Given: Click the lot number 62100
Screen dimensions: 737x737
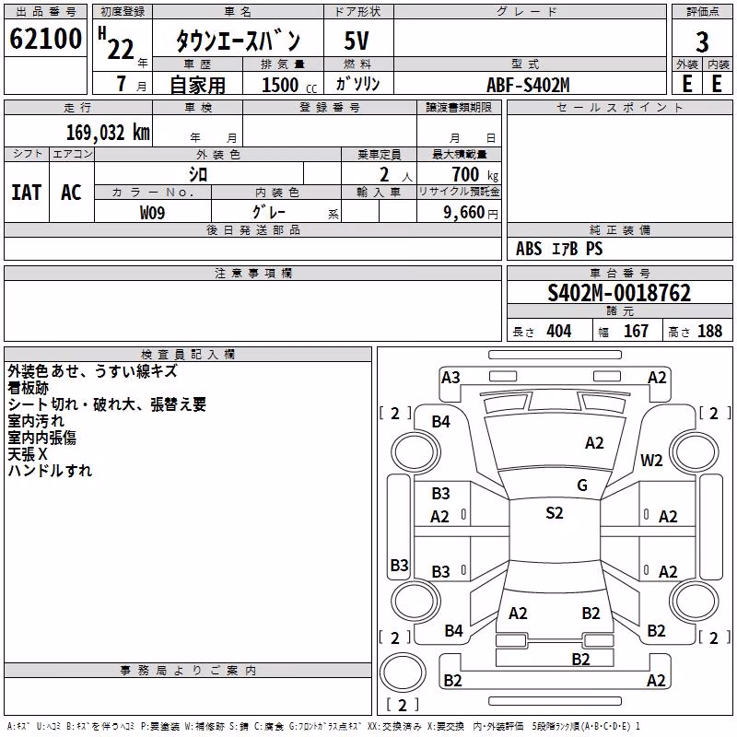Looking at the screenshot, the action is [45, 39].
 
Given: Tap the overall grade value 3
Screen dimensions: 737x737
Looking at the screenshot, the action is [702, 41].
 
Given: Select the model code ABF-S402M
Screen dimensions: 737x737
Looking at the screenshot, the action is [528, 85].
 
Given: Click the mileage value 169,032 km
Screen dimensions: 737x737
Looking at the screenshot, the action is [108, 133].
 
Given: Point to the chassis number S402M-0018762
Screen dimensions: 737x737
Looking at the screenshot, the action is [619, 293].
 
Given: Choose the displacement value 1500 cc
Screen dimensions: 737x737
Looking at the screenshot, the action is [289, 85].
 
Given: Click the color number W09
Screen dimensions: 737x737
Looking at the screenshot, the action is [152, 213].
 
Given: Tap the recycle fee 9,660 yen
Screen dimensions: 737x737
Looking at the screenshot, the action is [471, 213].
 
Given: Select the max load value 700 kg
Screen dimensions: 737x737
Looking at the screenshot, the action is [474, 174].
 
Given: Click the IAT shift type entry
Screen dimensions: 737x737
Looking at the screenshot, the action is [27, 193].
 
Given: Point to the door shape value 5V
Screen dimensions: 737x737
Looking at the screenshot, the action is [357, 41].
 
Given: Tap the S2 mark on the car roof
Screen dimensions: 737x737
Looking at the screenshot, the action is [555, 513].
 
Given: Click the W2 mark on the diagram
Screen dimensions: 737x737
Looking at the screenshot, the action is [651, 460].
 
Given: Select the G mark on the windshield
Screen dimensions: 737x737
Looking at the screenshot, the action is [582, 485].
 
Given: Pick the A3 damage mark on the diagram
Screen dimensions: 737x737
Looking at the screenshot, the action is [450, 378].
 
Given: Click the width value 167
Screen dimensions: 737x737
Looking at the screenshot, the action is [636, 331].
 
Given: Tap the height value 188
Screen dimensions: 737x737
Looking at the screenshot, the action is [709, 331].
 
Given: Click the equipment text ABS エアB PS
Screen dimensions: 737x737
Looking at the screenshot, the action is [559, 249].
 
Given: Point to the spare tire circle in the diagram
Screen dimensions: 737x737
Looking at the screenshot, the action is [403, 673].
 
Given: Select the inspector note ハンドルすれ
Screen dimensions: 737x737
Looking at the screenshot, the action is [50, 471].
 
